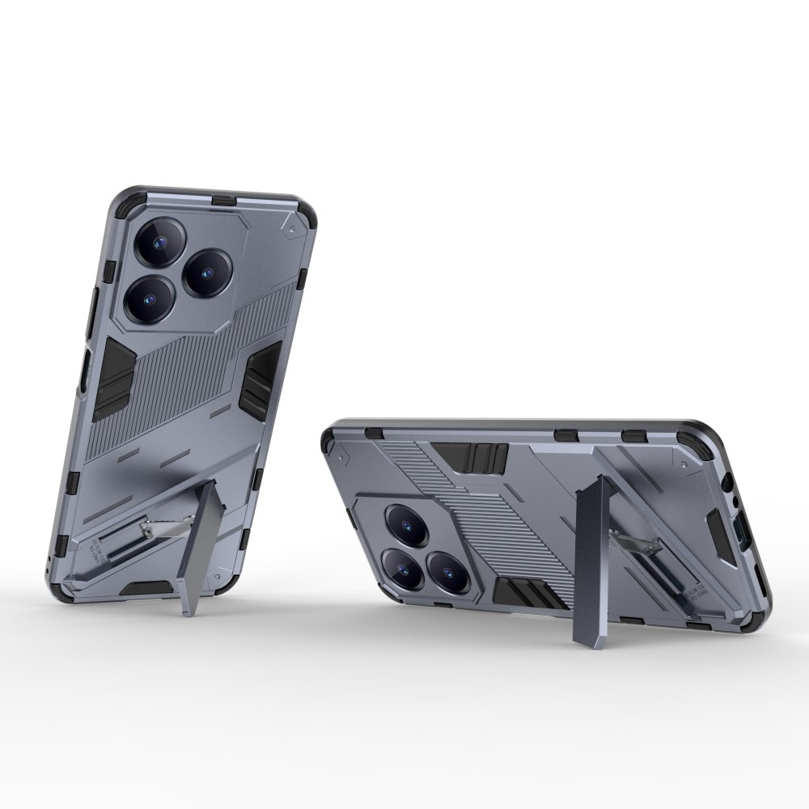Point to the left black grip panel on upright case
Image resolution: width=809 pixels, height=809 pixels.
[x=112, y=379]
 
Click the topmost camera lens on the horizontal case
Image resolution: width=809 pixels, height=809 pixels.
[x=404, y=526]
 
